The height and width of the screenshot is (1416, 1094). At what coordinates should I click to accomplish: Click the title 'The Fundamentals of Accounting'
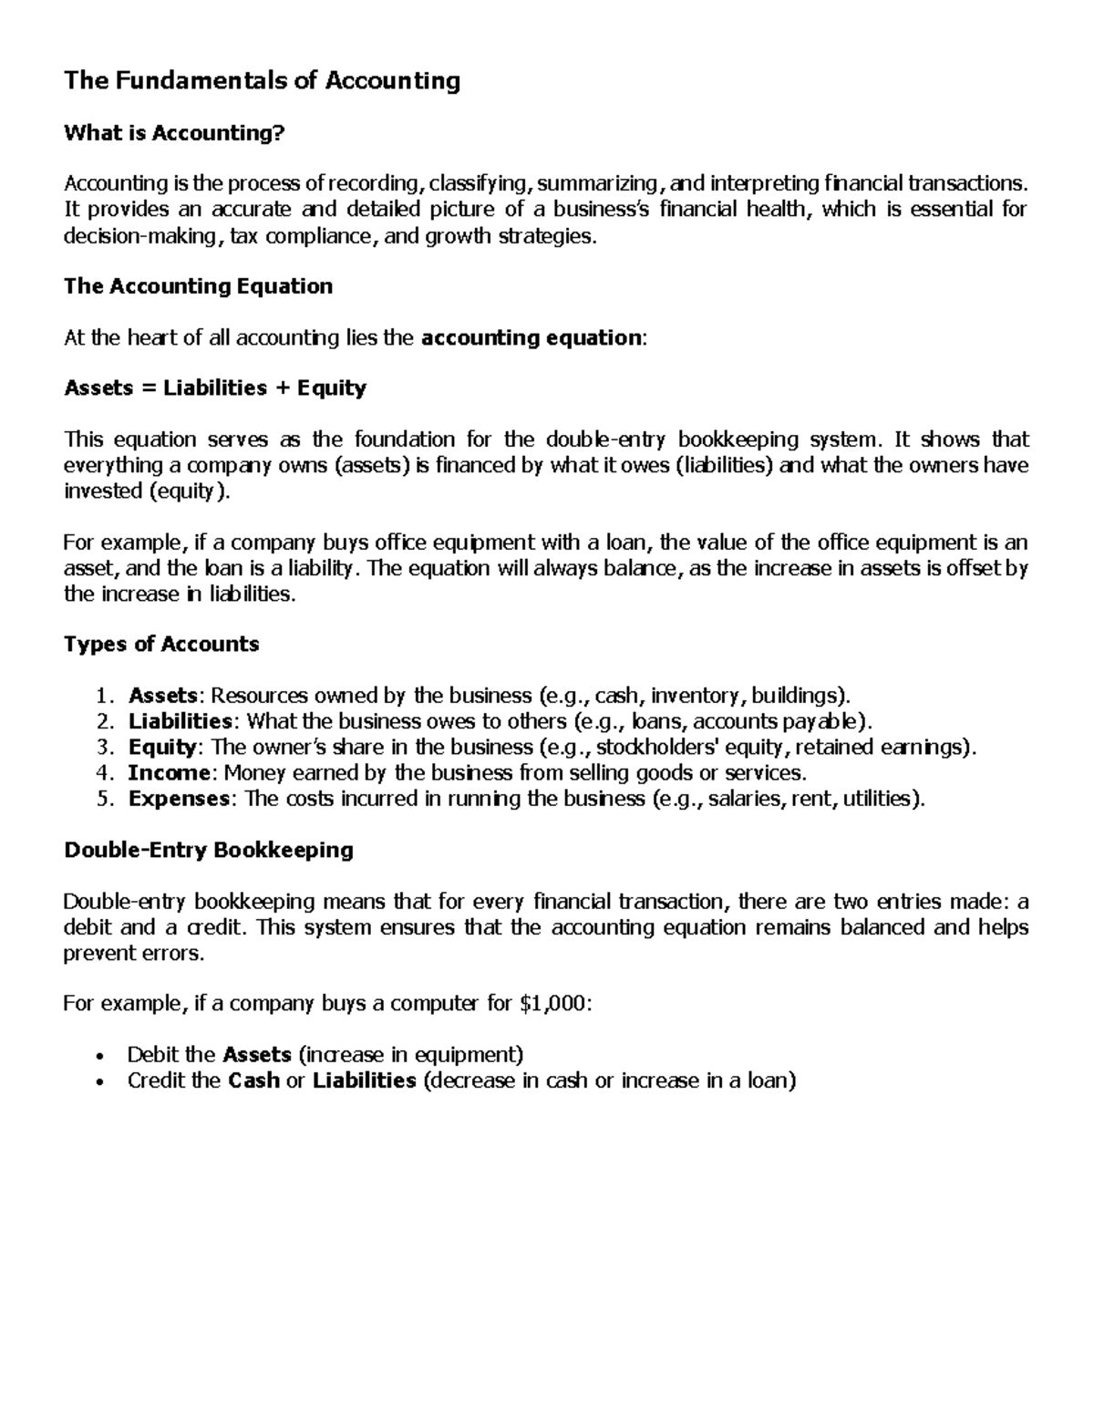pyautogui.click(x=262, y=81)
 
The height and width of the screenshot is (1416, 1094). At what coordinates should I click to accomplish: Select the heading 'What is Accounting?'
pyautogui.click(x=174, y=133)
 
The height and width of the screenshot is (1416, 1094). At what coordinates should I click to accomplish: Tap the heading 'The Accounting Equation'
pyautogui.click(x=198, y=286)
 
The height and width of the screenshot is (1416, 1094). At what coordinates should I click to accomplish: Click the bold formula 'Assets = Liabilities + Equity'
pyautogui.click(x=215, y=388)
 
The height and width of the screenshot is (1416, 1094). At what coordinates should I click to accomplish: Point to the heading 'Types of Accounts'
pyautogui.click(x=161, y=645)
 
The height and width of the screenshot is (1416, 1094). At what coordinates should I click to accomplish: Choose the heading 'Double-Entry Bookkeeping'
pyautogui.click(x=209, y=851)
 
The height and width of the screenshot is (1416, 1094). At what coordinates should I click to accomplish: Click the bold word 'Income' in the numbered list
pyautogui.click(x=169, y=773)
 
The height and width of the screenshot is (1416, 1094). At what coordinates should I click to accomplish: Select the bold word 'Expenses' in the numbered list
pyautogui.click(x=179, y=799)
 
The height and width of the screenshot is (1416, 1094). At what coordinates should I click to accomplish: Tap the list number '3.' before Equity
pyautogui.click(x=104, y=748)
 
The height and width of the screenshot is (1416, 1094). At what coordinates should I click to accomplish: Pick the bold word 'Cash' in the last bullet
pyautogui.click(x=253, y=1081)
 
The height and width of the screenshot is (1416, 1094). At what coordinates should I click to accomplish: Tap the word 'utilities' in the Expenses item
pyautogui.click(x=877, y=799)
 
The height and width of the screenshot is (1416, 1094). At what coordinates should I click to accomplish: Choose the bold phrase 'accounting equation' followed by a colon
pyautogui.click(x=532, y=338)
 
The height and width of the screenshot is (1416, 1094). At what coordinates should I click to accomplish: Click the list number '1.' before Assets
pyautogui.click(x=104, y=697)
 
